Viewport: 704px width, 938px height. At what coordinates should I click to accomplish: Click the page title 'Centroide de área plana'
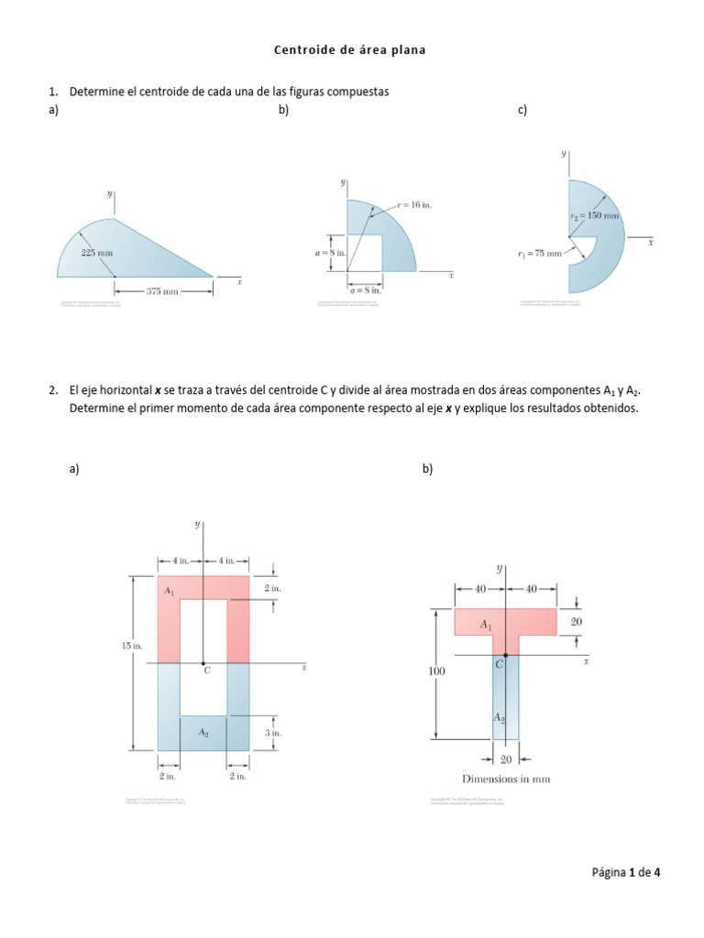(x=350, y=50)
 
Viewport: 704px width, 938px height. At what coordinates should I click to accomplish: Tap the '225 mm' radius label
(x=97, y=252)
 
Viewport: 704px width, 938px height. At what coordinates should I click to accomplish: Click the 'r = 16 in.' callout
(x=413, y=205)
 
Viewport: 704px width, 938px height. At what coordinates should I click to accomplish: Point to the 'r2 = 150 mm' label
(x=595, y=216)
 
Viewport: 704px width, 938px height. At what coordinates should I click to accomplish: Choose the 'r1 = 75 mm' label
(x=537, y=254)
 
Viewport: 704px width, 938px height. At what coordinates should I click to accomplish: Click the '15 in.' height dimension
(x=133, y=646)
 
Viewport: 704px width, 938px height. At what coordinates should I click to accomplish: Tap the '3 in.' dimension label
(x=273, y=733)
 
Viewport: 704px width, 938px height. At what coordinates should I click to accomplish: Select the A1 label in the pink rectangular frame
(x=170, y=592)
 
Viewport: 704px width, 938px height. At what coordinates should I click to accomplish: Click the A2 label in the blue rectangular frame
(x=203, y=733)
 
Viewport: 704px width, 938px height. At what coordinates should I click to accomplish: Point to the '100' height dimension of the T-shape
(x=435, y=671)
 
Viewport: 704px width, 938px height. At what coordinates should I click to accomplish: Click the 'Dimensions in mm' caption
(x=505, y=780)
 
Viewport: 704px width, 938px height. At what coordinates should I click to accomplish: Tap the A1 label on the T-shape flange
(x=486, y=623)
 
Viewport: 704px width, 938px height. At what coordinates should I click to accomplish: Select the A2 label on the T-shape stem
(x=499, y=717)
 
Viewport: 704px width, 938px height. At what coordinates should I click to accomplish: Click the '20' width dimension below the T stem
(x=505, y=758)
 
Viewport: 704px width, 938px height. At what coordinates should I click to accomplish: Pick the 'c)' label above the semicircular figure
(x=522, y=110)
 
